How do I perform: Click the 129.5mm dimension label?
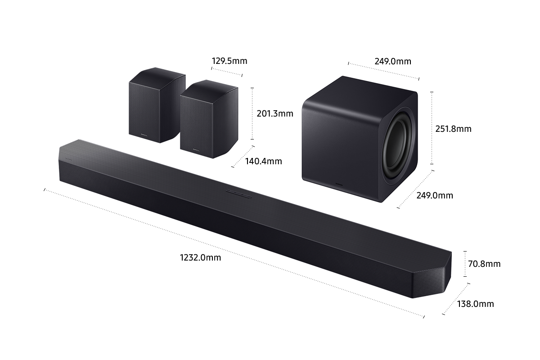click(229, 61)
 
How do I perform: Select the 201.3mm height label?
click(274, 114)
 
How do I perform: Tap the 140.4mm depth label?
click(264, 161)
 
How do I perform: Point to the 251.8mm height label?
click(453, 129)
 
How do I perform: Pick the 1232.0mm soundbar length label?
click(201, 258)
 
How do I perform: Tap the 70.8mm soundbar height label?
click(484, 264)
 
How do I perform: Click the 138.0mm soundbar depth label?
click(475, 304)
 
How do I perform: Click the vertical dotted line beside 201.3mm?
click(252, 113)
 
